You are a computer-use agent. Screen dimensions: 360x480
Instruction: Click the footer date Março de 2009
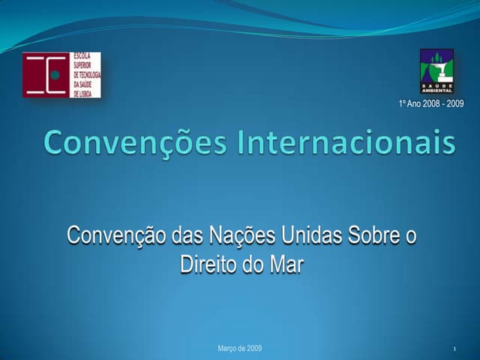pyautogui.click(x=239, y=349)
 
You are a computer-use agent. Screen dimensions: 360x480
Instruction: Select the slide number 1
pyautogui.click(x=455, y=350)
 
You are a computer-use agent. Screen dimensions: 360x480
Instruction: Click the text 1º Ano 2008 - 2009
pyautogui.click(x=431, y=103)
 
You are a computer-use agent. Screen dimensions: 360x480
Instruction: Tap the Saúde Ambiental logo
pyautogui.click(x=436, y=70)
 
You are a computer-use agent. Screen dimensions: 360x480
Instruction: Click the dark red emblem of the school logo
pyautogui.click(x=45, y=75)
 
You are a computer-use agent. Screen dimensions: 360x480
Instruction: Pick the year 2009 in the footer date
pyautogui.click(x=254, y=349)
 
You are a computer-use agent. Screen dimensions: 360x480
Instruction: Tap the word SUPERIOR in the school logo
pyautogui.click(x=82, y=64)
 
